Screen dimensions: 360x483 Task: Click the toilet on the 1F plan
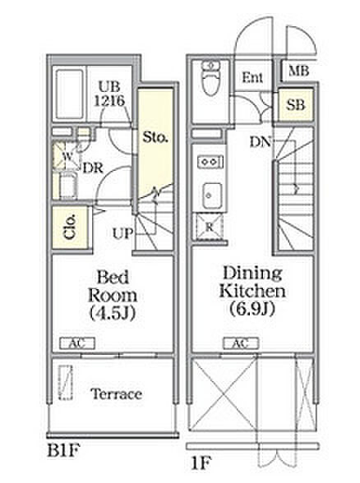[210, 78]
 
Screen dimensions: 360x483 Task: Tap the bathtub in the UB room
[70, 95]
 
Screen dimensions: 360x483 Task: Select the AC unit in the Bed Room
[77, 343]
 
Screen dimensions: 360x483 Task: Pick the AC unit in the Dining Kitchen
[241, 343]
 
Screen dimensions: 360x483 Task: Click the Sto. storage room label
[155, 137]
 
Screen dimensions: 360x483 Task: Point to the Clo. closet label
[70, 227]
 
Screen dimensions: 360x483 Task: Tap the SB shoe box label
[296, 105]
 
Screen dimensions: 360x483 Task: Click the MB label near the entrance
[298, 71]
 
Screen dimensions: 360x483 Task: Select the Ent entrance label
[252, 77]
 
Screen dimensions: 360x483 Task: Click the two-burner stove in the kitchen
[210, 162]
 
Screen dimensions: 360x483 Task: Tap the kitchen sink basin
[212, 196]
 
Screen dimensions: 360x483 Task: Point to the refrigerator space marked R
[210, 228]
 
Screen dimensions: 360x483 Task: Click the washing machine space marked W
[67, 156]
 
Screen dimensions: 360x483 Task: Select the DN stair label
[261, 142]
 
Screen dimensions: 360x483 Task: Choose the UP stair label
[122, 233]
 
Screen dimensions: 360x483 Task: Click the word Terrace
[117, 394]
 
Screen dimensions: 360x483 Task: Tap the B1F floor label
[63, 451]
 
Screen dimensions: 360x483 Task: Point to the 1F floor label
[201, 463]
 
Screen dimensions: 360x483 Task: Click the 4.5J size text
[113, 313]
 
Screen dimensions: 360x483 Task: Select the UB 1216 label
[109, 94]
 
